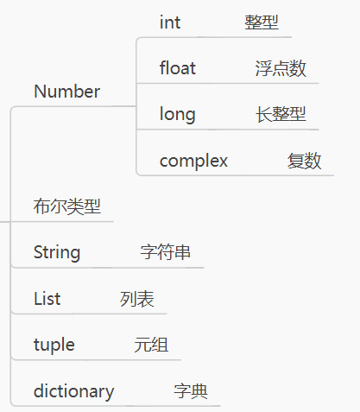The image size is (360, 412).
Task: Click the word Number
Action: pos(66,92)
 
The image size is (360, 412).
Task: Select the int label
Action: pos(170,22)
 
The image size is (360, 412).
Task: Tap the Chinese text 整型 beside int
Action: pos(262,22)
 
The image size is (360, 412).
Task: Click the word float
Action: pos(178,68)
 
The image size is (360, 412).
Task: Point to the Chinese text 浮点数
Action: pos(281,68)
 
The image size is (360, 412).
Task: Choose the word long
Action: pos(178,114)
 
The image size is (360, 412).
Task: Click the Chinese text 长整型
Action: pos(281,114)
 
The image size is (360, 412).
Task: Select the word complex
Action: pos(193,161)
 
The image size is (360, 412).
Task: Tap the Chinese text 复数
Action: pos(304,161)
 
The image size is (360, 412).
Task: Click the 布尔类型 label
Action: pos(67,206)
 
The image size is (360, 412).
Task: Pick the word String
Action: pos(57,252)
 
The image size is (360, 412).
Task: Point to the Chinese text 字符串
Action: pos(166,252)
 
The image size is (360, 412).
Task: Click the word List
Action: pos(47,299)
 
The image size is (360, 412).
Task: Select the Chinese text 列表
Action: pos(137,299)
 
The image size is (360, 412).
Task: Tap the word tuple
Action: pos(54,345)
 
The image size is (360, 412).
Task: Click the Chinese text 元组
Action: pos(151,345)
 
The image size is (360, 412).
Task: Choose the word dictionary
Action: pos(74,391)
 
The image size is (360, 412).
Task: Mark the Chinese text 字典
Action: pos(191,391)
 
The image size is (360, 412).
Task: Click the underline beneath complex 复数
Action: pos(236,175)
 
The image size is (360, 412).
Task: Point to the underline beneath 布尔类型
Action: pos(62,222)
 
